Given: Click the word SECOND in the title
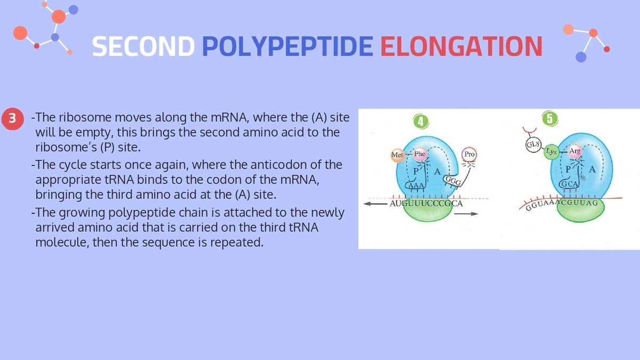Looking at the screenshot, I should [x=143, y=46].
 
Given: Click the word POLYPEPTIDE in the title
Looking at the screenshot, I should [x=287, y=46].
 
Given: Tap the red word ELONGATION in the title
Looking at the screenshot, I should [x=461, y=46].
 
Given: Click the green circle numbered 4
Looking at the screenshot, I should [x=421, y=122].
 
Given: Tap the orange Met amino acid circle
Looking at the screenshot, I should [x=397, y=155].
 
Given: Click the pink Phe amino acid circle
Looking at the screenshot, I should [x=420, y=154].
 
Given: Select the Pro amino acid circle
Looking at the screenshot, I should [x=469, y=154].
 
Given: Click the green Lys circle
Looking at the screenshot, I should [x=551, y=151].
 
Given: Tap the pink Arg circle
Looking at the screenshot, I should [x=575, y=151].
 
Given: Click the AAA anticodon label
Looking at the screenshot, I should [x=415, y=185].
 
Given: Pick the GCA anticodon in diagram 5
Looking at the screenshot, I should [x=566, y=185].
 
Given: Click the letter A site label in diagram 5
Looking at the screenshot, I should [x=591, y=170].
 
